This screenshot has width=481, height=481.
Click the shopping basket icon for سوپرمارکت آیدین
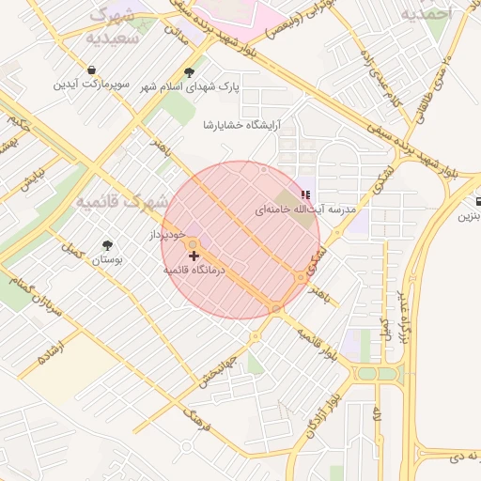coord(91,70)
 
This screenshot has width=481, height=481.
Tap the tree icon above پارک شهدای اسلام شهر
coord(190,72)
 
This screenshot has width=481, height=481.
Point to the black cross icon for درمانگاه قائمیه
coord(194,255)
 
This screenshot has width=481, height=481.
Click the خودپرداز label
coord(170,233)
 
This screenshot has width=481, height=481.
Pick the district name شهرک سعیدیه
coord(115,28)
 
